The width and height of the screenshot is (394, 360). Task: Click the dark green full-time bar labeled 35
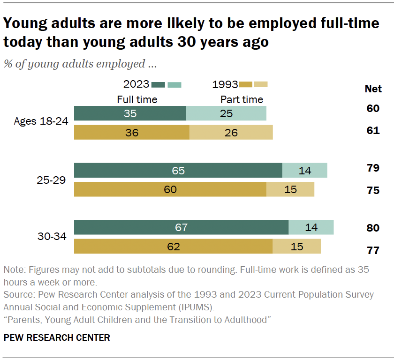click(x=130, y=113)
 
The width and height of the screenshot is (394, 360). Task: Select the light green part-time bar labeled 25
click(x=226, y=113)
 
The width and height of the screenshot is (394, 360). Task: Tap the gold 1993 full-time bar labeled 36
click(x=131, y=133)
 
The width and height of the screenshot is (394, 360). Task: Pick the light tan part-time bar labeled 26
click(x=231, y=133)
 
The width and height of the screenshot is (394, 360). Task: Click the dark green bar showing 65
click(x=178, y=171)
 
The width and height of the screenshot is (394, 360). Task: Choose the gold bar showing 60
click(x=170, y=189)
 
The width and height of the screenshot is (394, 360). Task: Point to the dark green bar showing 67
click(x=181, y=227)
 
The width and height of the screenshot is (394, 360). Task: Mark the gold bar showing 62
click(x=173, y=246)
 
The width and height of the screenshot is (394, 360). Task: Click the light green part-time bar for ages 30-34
click(x=311, y=227)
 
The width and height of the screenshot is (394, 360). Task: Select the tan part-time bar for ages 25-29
click(x=290, y=189)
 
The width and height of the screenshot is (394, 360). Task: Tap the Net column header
click(x=373, y=89)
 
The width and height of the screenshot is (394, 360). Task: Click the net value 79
click(x=373, y=168)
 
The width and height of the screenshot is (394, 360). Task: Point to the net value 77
click(x=373, y=250)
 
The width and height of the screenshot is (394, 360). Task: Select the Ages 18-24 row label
click(x=41, y=121)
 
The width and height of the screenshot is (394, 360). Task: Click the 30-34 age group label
click(x=52, y=236)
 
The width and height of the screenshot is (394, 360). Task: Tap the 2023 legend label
click(x=136, y=85)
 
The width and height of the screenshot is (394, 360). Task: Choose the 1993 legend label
click(x=225, y=85)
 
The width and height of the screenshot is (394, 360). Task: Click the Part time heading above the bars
click(x=242, y=99)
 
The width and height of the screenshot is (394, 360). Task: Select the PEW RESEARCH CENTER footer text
click(x=57, y=337)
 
